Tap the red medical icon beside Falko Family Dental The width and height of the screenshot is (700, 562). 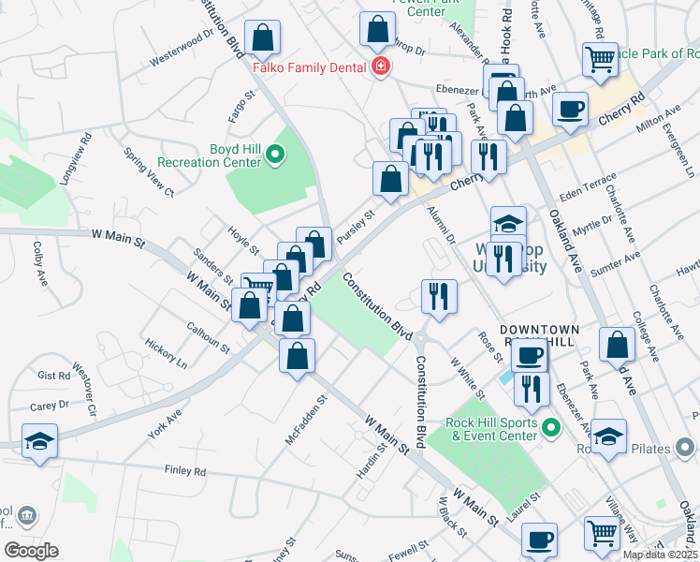pos(380,67)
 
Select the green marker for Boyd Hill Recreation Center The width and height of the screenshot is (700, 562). pos(275,155)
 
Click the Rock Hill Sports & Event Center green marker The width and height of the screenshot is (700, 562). pos(551,428)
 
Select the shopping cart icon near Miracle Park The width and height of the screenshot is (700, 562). pos(600,59)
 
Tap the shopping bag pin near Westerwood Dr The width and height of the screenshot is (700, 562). pos(264,38)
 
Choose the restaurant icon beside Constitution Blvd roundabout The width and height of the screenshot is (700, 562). pos(439,296)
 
